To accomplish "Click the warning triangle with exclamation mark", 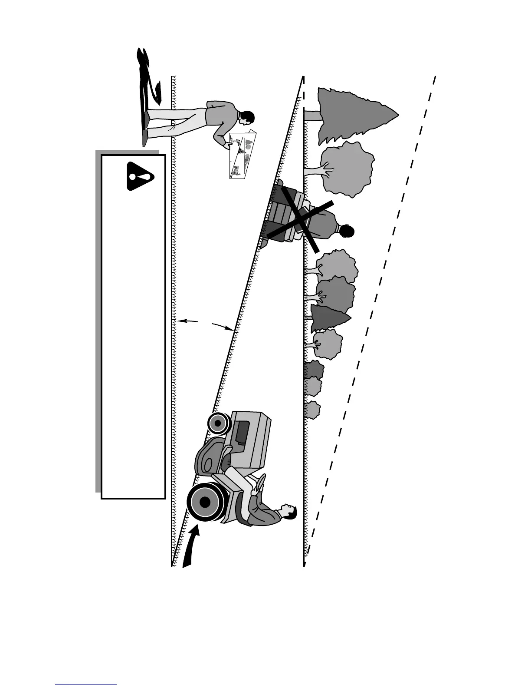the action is [x=140, y=176].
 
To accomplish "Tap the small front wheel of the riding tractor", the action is [x=219, y=423].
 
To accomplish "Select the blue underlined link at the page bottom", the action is [x=86, y=684].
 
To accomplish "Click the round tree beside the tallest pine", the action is [x=347, y=169].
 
